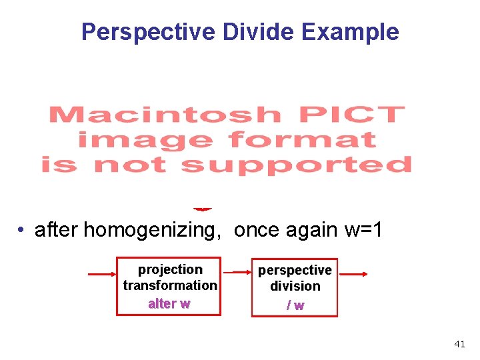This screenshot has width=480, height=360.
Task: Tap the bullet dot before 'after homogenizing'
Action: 22,230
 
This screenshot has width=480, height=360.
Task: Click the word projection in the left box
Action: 170,269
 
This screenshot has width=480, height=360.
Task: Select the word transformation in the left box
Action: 170,285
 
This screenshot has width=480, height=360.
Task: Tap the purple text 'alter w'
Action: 169,304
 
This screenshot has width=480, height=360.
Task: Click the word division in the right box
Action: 295,286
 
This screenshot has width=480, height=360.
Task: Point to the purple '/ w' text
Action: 295,305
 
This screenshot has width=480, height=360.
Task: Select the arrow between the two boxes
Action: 237,273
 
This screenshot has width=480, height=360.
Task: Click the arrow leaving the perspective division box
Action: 354,273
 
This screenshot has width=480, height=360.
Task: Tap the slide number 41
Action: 459,344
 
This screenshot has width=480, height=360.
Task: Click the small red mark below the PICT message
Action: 203,209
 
